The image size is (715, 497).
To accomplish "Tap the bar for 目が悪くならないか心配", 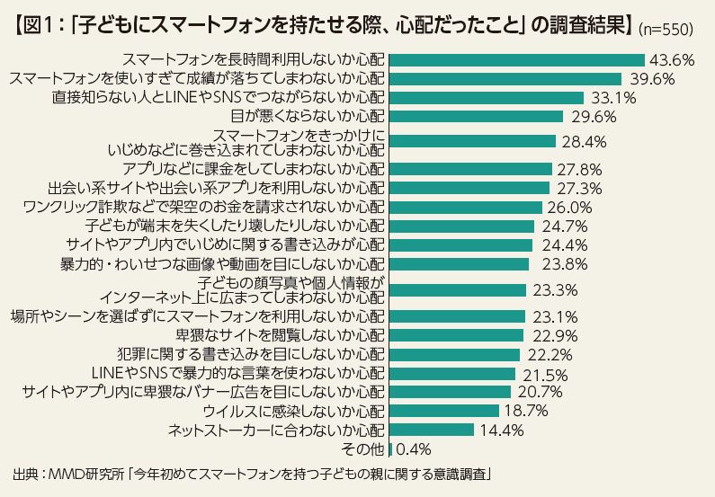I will [x=476, y=116].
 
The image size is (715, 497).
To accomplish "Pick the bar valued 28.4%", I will [x=472, y=141].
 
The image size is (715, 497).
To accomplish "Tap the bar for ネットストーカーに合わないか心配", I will [x=432, y=430].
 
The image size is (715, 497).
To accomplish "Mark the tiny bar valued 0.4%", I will [x=390, y=448].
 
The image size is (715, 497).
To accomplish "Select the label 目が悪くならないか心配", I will [x=308, y=116].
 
